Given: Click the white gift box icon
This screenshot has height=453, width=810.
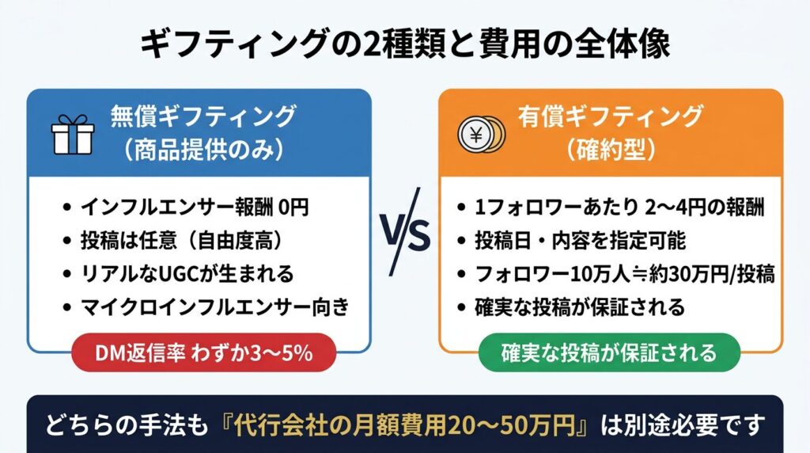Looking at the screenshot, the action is coord(73,135).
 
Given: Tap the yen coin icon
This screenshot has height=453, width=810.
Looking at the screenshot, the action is coord(481,135).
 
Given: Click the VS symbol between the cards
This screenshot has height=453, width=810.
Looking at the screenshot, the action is coord(406,232).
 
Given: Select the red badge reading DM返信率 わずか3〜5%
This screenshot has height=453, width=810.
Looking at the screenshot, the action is coord(203,352).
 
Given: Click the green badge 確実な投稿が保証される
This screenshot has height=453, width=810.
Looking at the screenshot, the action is coord(609,352).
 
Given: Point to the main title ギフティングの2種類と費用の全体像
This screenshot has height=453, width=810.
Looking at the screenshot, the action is coord(405,44).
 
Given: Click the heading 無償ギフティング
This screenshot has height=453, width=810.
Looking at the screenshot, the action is coord(203,116).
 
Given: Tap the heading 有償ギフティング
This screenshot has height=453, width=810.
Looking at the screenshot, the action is coord(611,116).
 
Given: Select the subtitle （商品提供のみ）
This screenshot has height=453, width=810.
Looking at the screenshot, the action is coord(203,150).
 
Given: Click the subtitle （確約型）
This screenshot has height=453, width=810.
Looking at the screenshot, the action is coord(611,150).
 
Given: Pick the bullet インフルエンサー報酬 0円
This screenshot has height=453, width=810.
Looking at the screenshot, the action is coord(195,207).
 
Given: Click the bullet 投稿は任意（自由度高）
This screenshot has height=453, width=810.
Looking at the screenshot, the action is coord(181,241).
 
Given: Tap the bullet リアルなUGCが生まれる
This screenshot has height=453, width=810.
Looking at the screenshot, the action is coord(187,273).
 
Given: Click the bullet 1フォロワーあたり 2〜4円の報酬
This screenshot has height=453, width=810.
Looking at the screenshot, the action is coord(619,207).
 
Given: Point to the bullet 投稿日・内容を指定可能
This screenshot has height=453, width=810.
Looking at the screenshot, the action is coord(580,241).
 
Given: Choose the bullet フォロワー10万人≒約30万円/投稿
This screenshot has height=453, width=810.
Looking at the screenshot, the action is coord(625,273).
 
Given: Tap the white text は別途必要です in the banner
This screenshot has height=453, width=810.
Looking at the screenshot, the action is coord(683,425).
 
